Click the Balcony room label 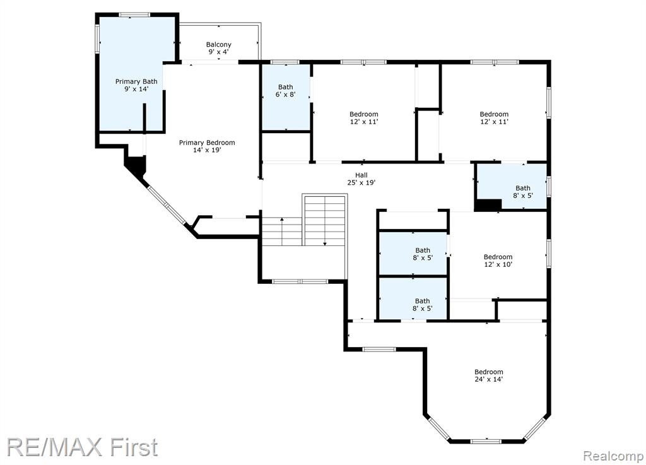(218, 48)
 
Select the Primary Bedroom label (207, 146)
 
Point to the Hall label (361, 179)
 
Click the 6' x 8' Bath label (286, 91)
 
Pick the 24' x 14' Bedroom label (489, 375)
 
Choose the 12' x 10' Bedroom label (498, 261)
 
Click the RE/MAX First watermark (82, 447)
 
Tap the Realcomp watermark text (613, 456)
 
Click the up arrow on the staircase (282, 232)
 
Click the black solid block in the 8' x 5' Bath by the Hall (489, 204)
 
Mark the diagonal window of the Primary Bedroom (167, 204)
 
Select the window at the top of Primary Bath (135, 15)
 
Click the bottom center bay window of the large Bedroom (486, 441)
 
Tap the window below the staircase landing (300, 281)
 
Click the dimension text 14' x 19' (207, 150)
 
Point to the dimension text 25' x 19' (361, 182)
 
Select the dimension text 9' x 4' (218, 52)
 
